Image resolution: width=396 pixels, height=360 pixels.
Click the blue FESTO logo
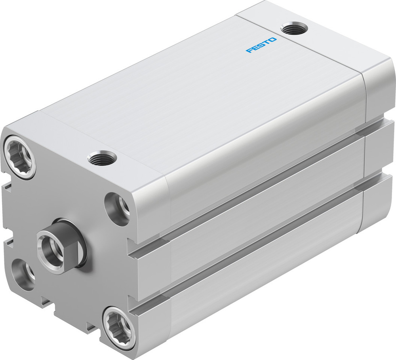click(x=261, y=45)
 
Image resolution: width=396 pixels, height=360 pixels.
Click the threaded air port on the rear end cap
click(x=294, y=29)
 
